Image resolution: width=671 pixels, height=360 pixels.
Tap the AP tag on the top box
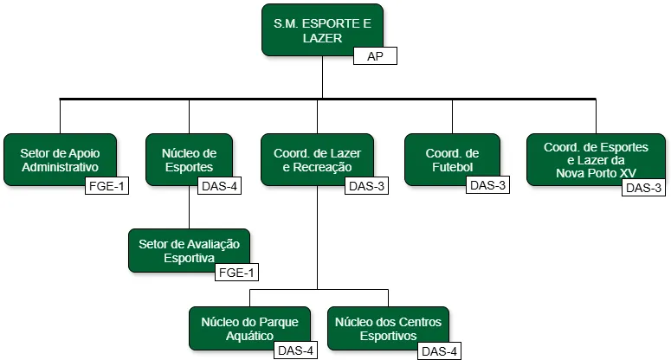tap(374, 56)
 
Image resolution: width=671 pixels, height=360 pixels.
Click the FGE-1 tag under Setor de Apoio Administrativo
tap(106, 185)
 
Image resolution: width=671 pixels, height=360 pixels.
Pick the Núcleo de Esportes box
tap(188, 159)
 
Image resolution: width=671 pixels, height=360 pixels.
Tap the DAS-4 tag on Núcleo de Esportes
tap(220, 185)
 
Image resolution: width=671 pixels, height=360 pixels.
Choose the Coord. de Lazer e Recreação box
tap(316, 159)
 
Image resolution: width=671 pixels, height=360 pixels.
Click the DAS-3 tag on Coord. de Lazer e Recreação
tap(367, 185)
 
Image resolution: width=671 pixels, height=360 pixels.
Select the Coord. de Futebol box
tap(452, 159)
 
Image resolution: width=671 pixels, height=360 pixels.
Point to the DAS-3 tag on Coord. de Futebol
tap(487, 185)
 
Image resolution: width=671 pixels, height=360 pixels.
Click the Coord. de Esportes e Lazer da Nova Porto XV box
tap(596, 159)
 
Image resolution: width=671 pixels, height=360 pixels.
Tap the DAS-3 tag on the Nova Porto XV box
tap(643, 188)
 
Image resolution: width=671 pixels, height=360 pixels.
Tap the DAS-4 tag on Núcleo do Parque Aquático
tap(294, 350)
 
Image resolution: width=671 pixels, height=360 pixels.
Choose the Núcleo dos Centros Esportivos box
tap(389, 328)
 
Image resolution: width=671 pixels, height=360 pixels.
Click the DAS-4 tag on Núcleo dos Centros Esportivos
tap(438, 350)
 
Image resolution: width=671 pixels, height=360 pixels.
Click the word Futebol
tap(452, 167)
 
